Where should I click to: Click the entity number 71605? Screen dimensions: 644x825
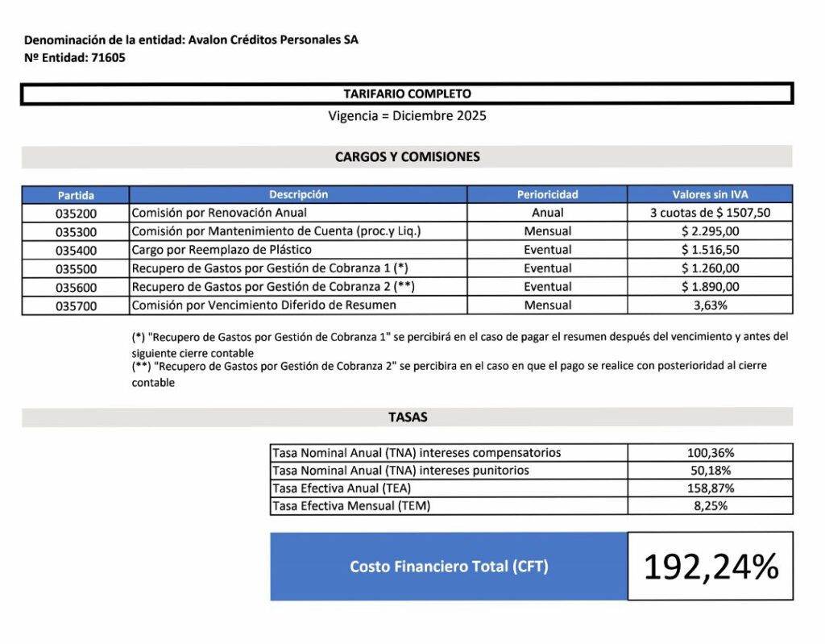click(109, 58)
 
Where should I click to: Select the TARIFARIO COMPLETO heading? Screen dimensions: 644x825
click(407, 94)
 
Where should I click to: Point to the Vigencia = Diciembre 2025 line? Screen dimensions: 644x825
click(407, 116)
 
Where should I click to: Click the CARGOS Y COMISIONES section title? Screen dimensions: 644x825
click(407, 157)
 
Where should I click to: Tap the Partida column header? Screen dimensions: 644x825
click(76, 195)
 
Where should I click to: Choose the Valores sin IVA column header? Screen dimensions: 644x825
click(710, 194)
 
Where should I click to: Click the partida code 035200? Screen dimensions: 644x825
click(76, 214)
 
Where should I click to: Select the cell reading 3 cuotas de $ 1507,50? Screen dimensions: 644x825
click(710, 214)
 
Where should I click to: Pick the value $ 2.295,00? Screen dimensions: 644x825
click(710, 232)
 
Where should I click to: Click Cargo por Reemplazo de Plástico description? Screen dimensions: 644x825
click(222, 250)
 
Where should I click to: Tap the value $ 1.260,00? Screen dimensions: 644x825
click(710, 268)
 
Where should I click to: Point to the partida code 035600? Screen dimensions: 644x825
click(76, 287)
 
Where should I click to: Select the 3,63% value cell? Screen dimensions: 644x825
click(710, 305)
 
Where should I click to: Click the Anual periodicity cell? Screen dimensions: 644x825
click(548, 214)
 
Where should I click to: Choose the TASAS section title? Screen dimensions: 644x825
click(408, 418)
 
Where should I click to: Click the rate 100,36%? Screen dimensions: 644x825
click(710, 453)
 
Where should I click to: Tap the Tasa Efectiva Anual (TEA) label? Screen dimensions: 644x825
click(346, 488)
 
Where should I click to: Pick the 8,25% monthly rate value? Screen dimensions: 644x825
click(710, 506)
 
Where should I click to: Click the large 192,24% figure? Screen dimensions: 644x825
click(710, 567)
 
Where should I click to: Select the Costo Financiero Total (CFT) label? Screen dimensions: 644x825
click(449, 567)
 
